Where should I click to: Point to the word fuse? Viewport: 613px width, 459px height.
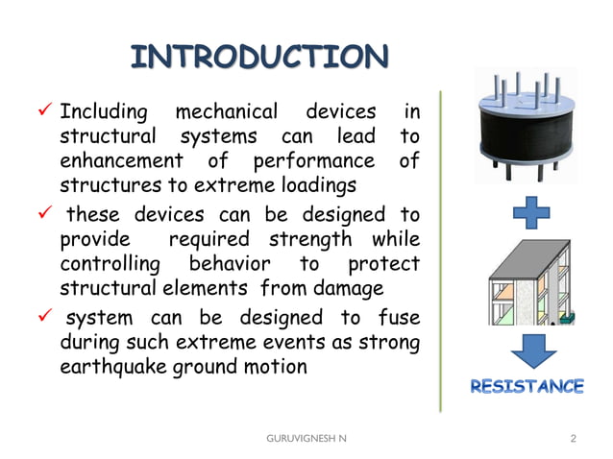tap(399, 317)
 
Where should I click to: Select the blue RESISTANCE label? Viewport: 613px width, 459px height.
tap(526, 387)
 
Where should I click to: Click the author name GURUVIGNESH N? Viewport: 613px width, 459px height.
tap(308, 438)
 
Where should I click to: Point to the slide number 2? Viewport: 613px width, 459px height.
tap(573, 438)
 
